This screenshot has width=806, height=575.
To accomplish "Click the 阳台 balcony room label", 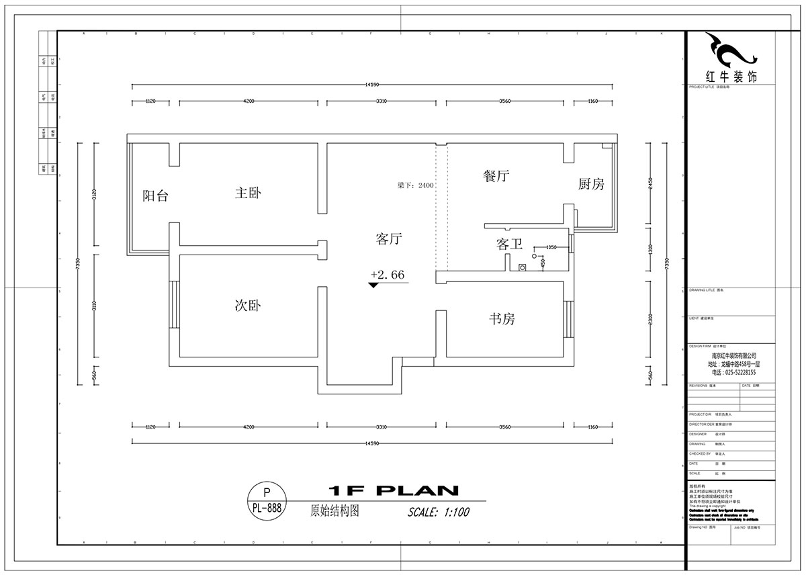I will click(x=155, y=196).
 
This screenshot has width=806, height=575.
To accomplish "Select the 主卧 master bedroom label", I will click(x=248, y=193).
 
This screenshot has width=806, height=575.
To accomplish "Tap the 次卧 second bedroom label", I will click(x=247, y=306).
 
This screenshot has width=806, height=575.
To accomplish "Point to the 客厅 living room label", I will click(x=389, y=238).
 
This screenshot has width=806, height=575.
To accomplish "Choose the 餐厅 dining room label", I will click(x=496, y=177).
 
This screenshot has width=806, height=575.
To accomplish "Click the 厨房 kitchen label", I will click(x=591, y=184).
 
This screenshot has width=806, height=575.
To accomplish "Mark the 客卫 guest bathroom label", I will click(x=509, y=245).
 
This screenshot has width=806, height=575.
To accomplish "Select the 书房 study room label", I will click(x=502, y=319).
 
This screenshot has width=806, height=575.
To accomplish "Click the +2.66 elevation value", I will click(x=388, y=275).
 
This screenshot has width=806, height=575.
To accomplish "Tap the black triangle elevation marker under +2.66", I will click(x=373, y=285).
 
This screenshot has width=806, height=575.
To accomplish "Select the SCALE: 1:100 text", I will click(x=439, y=512).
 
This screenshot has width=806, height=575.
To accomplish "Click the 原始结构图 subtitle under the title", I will click(x=334, y=511).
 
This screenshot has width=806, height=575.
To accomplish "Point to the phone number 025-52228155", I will click(x=732, y=372).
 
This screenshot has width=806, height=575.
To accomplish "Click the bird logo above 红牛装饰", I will click(x=731, y=50).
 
